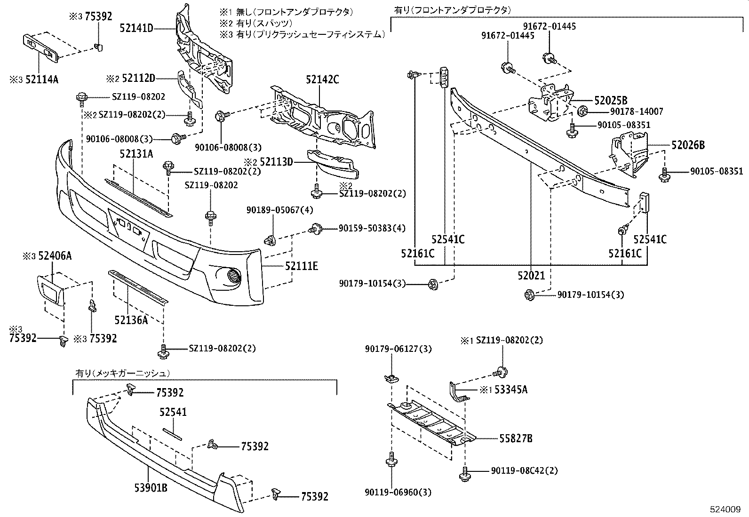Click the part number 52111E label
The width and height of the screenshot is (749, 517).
[x=301, y=266]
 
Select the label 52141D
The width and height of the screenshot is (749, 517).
[x=136, y=29]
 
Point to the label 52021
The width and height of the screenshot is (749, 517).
[x=531, y=276]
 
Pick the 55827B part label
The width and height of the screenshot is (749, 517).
[x=516, y=438]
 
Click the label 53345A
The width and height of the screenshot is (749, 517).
[x=510, y=390]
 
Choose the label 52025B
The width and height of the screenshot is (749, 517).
[x=611, y=100]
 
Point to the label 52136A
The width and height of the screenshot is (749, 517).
[x=131, y=320]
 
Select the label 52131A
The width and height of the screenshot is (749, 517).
[x=136, y=154]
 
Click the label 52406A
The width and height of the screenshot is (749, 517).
[x=55, y=256]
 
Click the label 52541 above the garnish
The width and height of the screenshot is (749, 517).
[x=173, y=412]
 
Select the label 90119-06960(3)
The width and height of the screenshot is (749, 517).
[x=398, y=493]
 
